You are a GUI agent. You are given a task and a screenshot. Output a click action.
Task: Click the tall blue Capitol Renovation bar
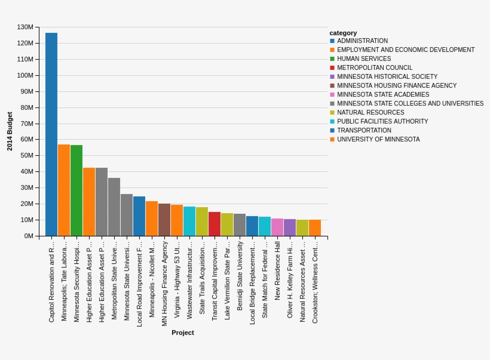(x=51, y=134)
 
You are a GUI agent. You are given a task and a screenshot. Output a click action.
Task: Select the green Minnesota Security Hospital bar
(x=76, y=190)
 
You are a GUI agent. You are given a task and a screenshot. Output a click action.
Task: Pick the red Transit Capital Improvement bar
(x=215, y=224)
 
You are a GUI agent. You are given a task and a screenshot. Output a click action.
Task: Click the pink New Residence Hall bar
(x=277, y=227)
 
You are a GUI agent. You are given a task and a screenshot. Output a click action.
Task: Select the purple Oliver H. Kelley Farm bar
(x=290, y=227)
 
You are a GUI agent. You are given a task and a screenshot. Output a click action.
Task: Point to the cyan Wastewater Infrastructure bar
(x=189, y=221)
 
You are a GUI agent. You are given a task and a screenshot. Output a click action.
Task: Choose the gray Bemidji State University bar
(x=240, y=225)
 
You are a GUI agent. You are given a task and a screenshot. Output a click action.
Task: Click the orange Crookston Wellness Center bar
(x=315, y=228)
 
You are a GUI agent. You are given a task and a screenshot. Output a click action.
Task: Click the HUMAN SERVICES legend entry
(x=363, y=59)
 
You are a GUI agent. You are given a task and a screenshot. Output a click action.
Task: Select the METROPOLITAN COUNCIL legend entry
(x=374, y=68)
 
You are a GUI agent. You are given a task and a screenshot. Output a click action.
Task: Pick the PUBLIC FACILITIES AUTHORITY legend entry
(x=382, y=122)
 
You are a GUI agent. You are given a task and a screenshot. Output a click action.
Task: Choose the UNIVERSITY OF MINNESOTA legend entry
(x=378, y=140)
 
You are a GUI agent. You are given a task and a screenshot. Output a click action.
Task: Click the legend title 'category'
(x=343, y=33)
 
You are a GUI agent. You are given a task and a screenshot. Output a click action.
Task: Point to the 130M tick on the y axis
(x=25, y=27)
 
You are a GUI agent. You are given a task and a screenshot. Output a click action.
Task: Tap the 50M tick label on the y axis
(x=27, y=156)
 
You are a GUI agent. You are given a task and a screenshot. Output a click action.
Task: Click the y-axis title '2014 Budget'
(x=10, y=131)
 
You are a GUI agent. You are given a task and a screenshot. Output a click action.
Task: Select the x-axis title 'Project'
(x=183, y=333)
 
